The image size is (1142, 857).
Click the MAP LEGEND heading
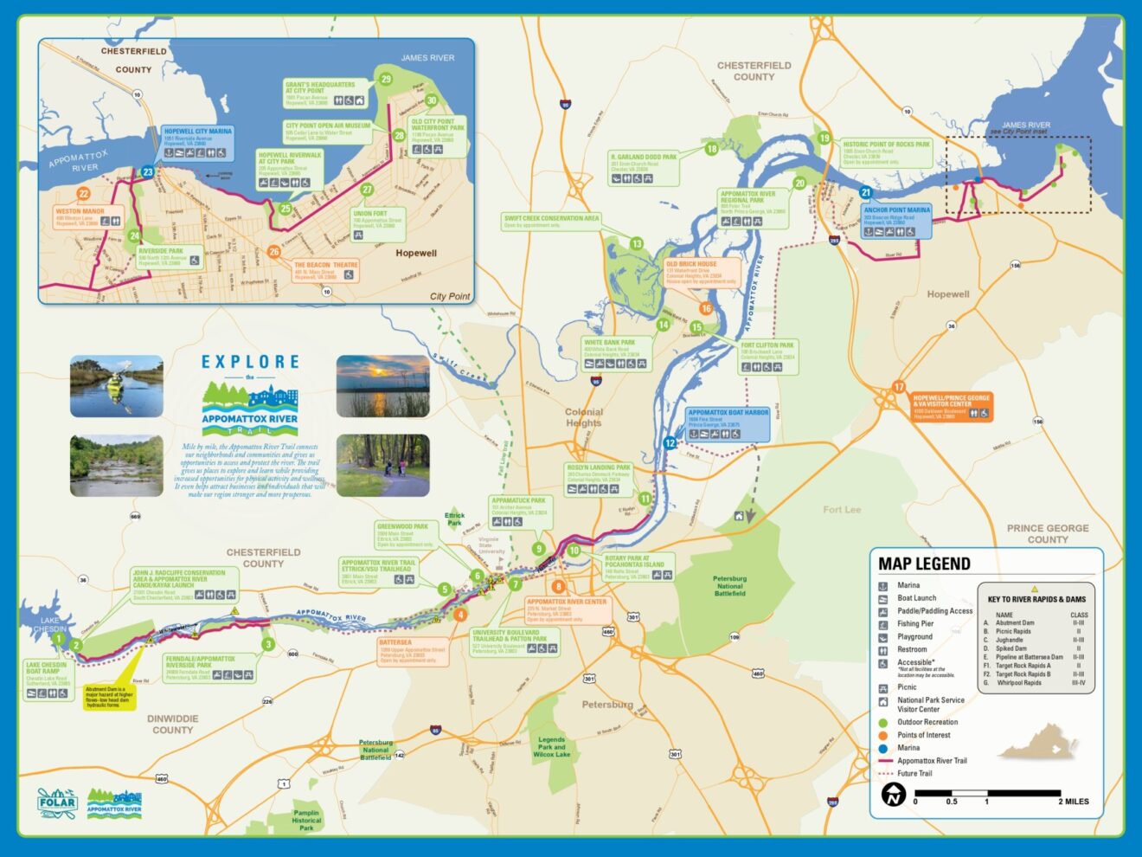[x=924, y=564]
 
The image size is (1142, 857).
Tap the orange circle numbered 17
[x=899, y=387]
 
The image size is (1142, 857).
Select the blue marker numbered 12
[x=670, y=443]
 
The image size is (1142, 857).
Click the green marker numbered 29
[x=386, y=79]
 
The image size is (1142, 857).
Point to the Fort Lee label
[x=841, y=510]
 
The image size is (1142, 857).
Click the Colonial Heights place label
[x=583, y=417]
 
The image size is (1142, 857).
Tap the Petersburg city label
[x=607, y=705]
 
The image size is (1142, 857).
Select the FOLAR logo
[x=57, y=802]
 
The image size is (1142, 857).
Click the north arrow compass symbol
[x=893, y=794]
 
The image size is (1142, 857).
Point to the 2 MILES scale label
[x=1073, y=802]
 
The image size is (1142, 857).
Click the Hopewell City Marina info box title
[x=198, y=132]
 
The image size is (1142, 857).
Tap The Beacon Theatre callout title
[x=325, y=265]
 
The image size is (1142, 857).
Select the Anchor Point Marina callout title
[x=896, y=209]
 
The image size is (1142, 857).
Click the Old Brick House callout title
[x=691, y=264]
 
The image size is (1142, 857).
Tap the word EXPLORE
[x=250, y=362]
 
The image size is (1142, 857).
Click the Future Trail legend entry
[x=914, y=774]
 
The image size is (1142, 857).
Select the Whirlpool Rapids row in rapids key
[x=1019, y=683]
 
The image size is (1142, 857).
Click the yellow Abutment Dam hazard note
[x=109, y=698]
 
